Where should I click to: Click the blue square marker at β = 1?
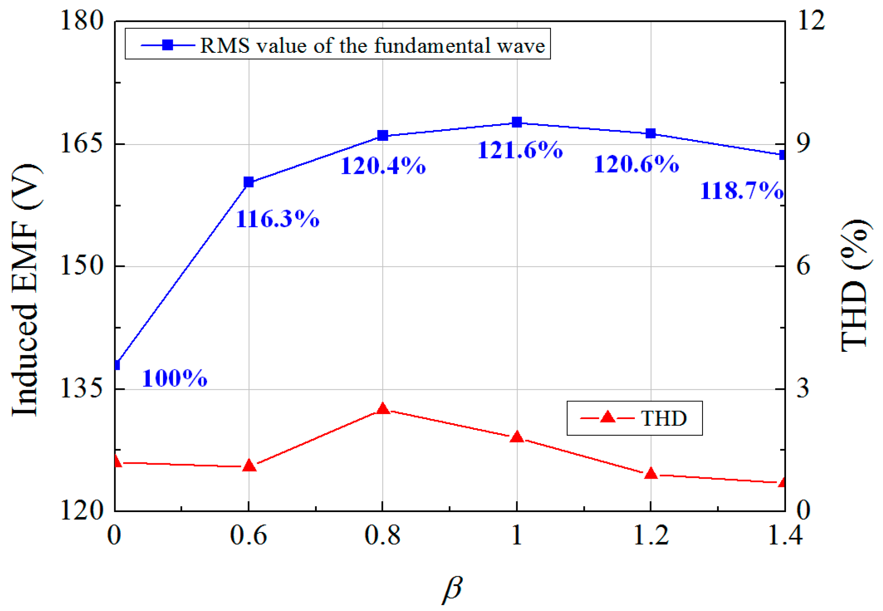[517, 122]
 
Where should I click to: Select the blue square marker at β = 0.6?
[249, 182]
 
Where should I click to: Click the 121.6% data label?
[520, 150]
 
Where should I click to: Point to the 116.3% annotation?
[277, 219]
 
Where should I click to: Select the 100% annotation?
[175, 378]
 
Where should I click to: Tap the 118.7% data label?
[741, 191]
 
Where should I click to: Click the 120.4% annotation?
[383, 166]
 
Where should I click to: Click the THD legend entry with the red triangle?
[634, 418]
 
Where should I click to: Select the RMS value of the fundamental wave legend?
[337, 45]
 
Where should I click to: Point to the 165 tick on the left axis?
[82, 144]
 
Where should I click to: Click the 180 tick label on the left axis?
[82, 21]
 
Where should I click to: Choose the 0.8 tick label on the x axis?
[382, 536]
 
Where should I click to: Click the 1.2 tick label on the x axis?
[650, 536]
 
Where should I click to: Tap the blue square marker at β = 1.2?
[651, 133]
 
